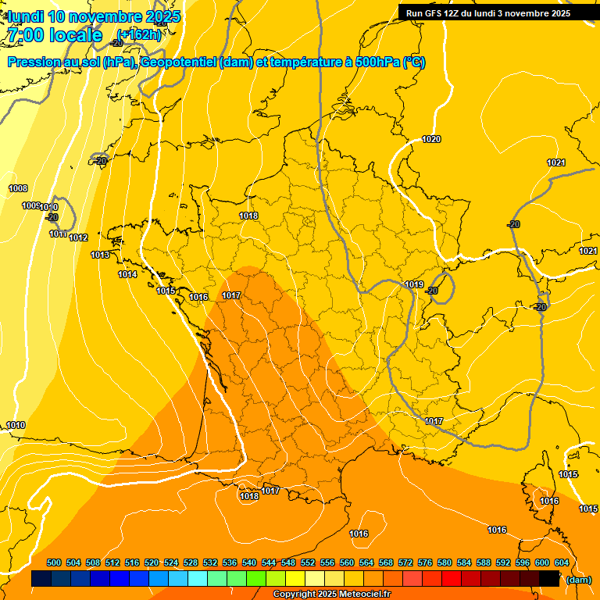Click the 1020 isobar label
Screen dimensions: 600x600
coord(431,140)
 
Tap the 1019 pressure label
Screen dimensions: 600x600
coord(414,285)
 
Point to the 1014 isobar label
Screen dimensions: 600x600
coord(128,274)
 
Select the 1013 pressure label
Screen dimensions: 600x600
coord(100,255)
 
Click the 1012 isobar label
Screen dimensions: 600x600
coord(78,237)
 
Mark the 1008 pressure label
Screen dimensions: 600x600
coord(18,188)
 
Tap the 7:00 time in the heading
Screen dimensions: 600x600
coord(30,35)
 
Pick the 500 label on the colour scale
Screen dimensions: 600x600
coord(54,562)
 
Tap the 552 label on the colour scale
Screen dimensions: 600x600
coord(308,562)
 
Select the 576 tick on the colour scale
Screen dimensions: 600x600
coord(425,562)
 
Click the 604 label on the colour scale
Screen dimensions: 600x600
coord(561,562)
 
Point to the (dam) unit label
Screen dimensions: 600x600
coord(578,579)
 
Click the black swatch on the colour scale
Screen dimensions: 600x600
coord(549,579)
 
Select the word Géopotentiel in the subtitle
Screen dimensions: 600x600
coord(177,62)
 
